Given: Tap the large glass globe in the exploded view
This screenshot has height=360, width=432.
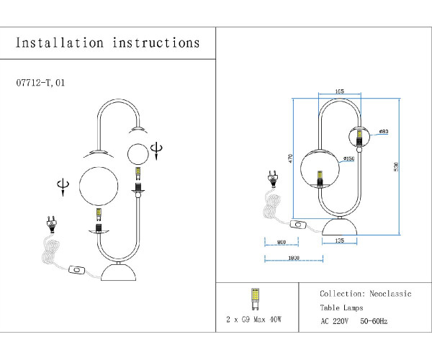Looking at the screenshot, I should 98,185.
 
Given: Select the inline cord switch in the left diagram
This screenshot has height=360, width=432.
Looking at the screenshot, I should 76,271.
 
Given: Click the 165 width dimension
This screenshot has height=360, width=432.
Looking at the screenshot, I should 339,91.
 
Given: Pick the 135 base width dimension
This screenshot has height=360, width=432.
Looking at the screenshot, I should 339,242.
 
